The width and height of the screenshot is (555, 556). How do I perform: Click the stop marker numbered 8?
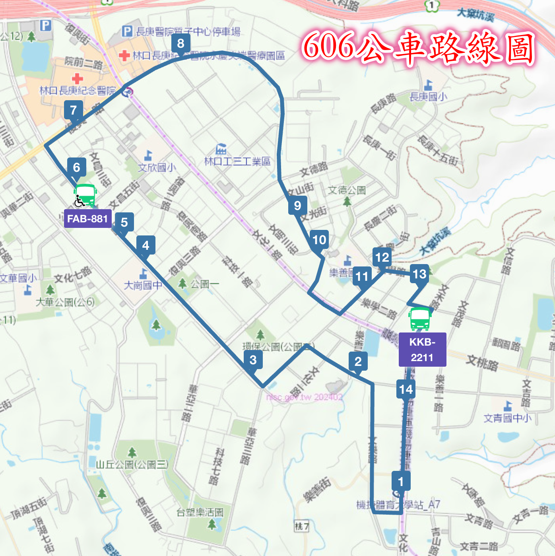[x=181, y=43]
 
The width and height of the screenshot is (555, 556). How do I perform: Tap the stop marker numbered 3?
[x=253, y=360]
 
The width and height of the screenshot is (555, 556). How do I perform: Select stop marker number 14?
[x=406, y=389]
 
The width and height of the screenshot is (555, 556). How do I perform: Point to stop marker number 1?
[x=401, y=482]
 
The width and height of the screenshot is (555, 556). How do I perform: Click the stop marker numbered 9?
[x=297, y=206]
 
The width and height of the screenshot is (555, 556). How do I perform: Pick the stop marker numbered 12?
[x=382, y=257]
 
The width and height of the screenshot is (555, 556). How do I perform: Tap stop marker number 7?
[x=74, y=110]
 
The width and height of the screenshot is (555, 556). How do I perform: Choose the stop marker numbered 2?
[x=358, y=362]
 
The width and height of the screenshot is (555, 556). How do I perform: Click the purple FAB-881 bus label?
[x=87, y=219]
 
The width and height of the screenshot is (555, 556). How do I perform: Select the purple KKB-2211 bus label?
[x=422, y=350]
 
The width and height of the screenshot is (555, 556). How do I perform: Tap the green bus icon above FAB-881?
[x=85, y=195]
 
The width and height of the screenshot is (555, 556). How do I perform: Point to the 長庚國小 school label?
[x=428, y=97]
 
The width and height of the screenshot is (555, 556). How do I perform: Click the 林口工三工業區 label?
[x=237, y=161]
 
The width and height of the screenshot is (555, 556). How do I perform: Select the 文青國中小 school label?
[x=507, y=418]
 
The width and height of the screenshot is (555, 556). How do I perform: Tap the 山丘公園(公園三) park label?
[x=132, y=464]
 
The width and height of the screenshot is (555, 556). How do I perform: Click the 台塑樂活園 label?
[x=200, y=513]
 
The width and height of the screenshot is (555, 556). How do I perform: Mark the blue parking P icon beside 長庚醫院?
[x=127, y=31]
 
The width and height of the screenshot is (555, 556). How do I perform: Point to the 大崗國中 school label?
[x=143, y=285]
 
